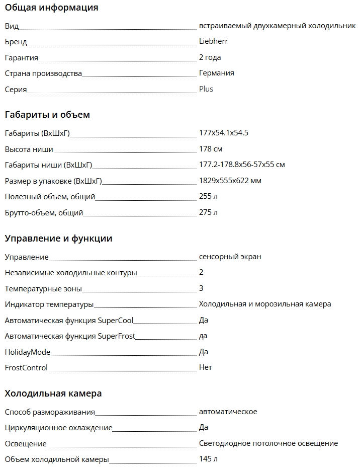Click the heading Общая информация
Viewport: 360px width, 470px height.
pos(51,8)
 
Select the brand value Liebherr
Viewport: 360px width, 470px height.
pos(213,41)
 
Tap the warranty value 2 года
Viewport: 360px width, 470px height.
pos(210,57)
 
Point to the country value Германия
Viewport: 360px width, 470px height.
pos(216,73)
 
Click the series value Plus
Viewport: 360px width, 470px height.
pos(206,89)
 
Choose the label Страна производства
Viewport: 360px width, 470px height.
pos(43,73)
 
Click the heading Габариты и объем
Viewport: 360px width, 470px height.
pos(47,115)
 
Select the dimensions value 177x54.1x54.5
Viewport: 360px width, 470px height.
pos(224,133)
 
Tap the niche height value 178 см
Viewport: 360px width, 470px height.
pos(211,149)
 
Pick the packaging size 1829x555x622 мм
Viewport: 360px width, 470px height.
pos(230,181)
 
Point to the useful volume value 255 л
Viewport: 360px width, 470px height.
pos(208,196)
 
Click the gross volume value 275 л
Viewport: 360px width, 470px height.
pos(208,212)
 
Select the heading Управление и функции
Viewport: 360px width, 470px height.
pos(58,239)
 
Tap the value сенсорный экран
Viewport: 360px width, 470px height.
pos(230,257)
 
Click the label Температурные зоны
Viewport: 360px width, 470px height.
pos(43,289)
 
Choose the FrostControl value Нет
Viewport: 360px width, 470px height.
pos(206,367)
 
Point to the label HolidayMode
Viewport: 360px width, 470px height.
pos(28,352)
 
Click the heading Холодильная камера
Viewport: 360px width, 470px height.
pos(53,393)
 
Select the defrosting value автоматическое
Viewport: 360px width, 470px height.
pos(228,412)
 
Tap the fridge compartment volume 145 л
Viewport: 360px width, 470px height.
pos(208,459)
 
